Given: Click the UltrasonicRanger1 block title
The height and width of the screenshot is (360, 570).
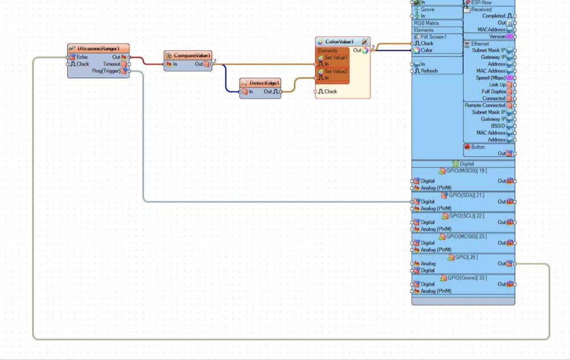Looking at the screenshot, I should click(101, 49).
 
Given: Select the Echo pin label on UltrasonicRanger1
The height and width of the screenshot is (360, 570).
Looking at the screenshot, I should click(83, 57).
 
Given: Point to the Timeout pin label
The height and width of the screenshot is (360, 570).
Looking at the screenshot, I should click(112, 64).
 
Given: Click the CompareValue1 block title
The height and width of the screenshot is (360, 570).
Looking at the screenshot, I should click(192, 55).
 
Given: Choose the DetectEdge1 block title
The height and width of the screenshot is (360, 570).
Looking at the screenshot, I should click(264, 83).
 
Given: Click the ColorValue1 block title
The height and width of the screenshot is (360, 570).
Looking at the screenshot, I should click(339, 42).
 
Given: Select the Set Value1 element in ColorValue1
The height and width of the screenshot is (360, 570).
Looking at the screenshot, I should click(336, 58).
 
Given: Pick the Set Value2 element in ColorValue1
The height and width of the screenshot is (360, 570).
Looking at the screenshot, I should click(336, 71).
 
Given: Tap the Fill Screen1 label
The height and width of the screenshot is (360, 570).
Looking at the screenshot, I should click(434, 37).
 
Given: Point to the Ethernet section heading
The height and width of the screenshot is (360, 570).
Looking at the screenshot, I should click(480, 44).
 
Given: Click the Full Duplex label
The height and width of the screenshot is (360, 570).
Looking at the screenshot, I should click(494, 92).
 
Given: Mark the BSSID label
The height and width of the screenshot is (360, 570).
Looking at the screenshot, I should click(498, 126).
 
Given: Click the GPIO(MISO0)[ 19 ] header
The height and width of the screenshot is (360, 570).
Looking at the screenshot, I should click(467, 170).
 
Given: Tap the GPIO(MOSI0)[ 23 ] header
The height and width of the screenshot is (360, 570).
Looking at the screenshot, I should click(467, 236).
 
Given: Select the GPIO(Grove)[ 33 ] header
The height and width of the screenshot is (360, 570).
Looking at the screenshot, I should click(467, 277).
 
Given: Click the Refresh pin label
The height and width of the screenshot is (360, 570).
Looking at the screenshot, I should click(429, 71).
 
